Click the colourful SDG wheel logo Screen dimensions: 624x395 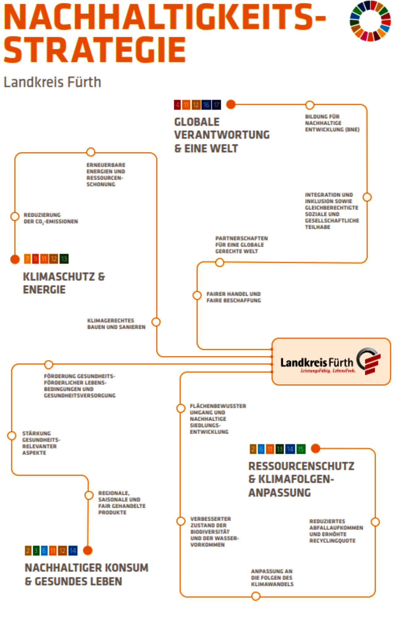[x=370, y=21]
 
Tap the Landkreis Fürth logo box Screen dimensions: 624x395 [x=331, y=361]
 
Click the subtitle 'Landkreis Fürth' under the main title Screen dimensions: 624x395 [x=52, y=82]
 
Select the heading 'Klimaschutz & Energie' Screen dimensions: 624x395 [x=64, y=283]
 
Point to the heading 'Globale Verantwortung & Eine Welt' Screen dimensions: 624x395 [x=222, y=135]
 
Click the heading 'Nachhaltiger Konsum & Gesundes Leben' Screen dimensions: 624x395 [x=86, y=574]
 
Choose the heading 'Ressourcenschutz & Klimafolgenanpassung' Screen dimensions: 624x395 [x=301, y=479]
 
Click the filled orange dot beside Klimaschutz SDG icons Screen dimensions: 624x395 [x=15, y=259]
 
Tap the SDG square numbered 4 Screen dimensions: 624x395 [x=177, y=105]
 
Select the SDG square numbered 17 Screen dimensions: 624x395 [x=217, y=105]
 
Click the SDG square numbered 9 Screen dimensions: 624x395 [x=35, y=259]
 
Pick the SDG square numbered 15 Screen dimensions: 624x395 [x=301, y=449]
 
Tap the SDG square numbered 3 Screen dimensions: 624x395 [x=36, y=551]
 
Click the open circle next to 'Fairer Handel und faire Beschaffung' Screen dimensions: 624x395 [x=197, y=295]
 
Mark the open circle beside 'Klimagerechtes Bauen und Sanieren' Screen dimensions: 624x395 [x=156, y=322]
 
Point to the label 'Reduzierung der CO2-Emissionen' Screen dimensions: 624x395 [x=51, y=218]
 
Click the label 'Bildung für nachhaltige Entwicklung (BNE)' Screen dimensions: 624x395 [x=332, y=123]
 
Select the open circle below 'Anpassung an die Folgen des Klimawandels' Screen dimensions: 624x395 [x=256, y=596]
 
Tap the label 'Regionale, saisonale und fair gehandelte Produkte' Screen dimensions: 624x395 [x=122, y=502]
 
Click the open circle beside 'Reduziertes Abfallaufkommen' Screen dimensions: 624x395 [x=375, y=522]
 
